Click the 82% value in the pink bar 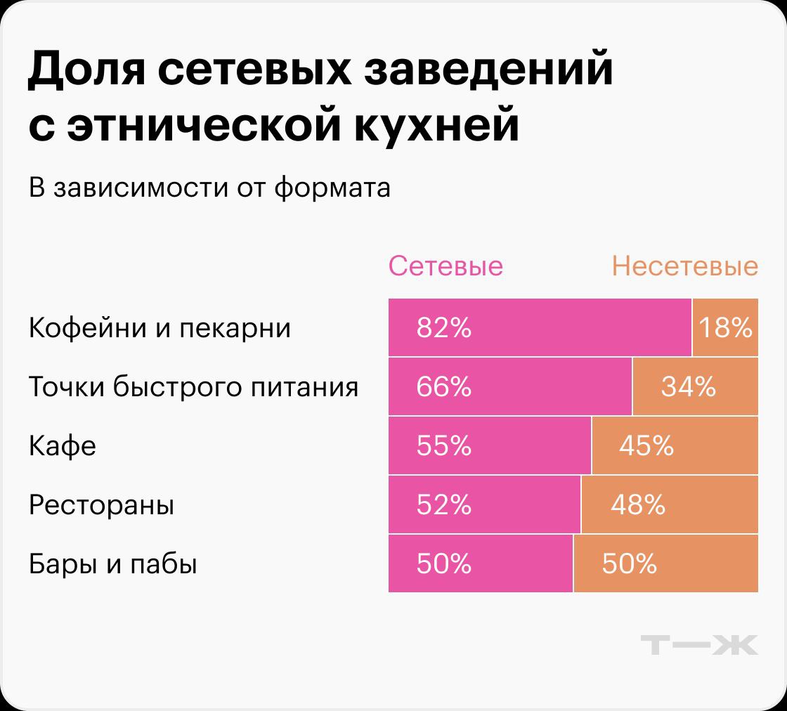pyautogui.click(x=443, y=328)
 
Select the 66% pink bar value pyautogui.click(x=443, y=387)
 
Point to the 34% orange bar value pyautogui.click(x=688, y=387)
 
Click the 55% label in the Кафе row pyautogui.click(x=443, y=446)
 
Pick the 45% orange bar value pyautogui.click(x=646, y=446)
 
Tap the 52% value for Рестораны pyautogui.click(x=443, y=505)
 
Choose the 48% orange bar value pyautogui.click(x=637, y=505)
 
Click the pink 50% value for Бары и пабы pyautogui.click(x=443, y=564)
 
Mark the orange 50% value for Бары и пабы pyautogui.click(x=629, y=564)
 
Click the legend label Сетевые pyautogui.click(x=445, y=267)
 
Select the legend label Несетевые pyautogui.click(x=684, y=267)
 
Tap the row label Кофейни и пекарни pyautogui.click(x=160, y=328)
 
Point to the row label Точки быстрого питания pyautogui.click(x=193, y=387)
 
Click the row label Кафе pyautogui.click(x=62, y=446)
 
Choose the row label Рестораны pyautogui.click(x=101, y=505)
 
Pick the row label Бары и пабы pyautogui.click(x=112, y=564)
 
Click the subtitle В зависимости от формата pyautogui.click(x=209, y=188)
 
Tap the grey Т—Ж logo pyautogui.click(x=700, y=645)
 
